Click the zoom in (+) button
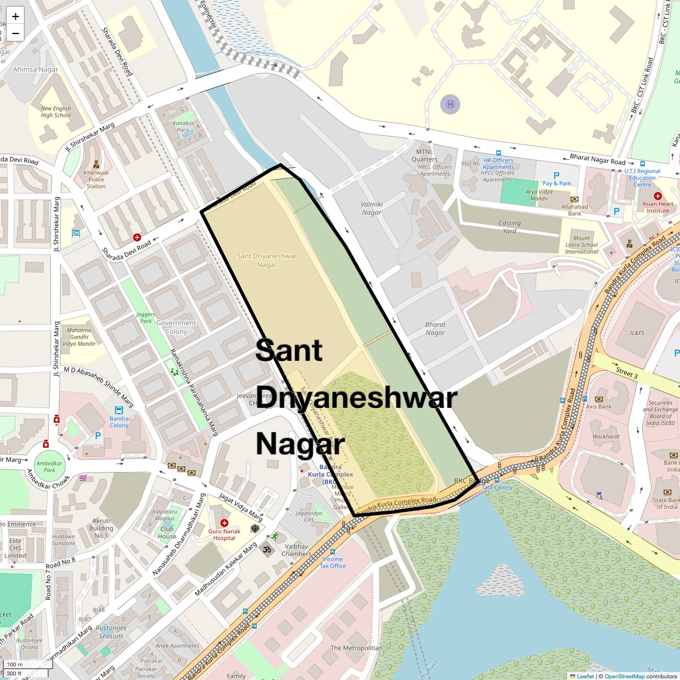click(x=15, y=16)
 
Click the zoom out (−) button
click(x=15, y=33)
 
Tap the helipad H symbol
click(x=450, y=104)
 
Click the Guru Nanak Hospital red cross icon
click(x=224, y=523)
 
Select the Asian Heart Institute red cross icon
click(x=658, y=195)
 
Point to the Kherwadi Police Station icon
click(x=96, y=164)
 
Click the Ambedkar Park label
click(x=49, y=466)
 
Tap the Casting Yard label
click(x=509, y=227)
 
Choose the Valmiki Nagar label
click(x=372, y=208)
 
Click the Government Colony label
click(x=176, y=327)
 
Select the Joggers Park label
click(x=146, y=317)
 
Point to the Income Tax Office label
click(x=333, y=562)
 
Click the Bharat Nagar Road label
click(x=597, y=159)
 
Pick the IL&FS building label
click(x=637, y=333)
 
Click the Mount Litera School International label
click(x=581, y=245)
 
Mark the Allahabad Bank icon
click(x=575, y=199)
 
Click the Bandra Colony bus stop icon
click(x=119, y=410)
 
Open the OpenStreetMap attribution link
click(x=624, y=676)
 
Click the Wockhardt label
click(x=606, y=436)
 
